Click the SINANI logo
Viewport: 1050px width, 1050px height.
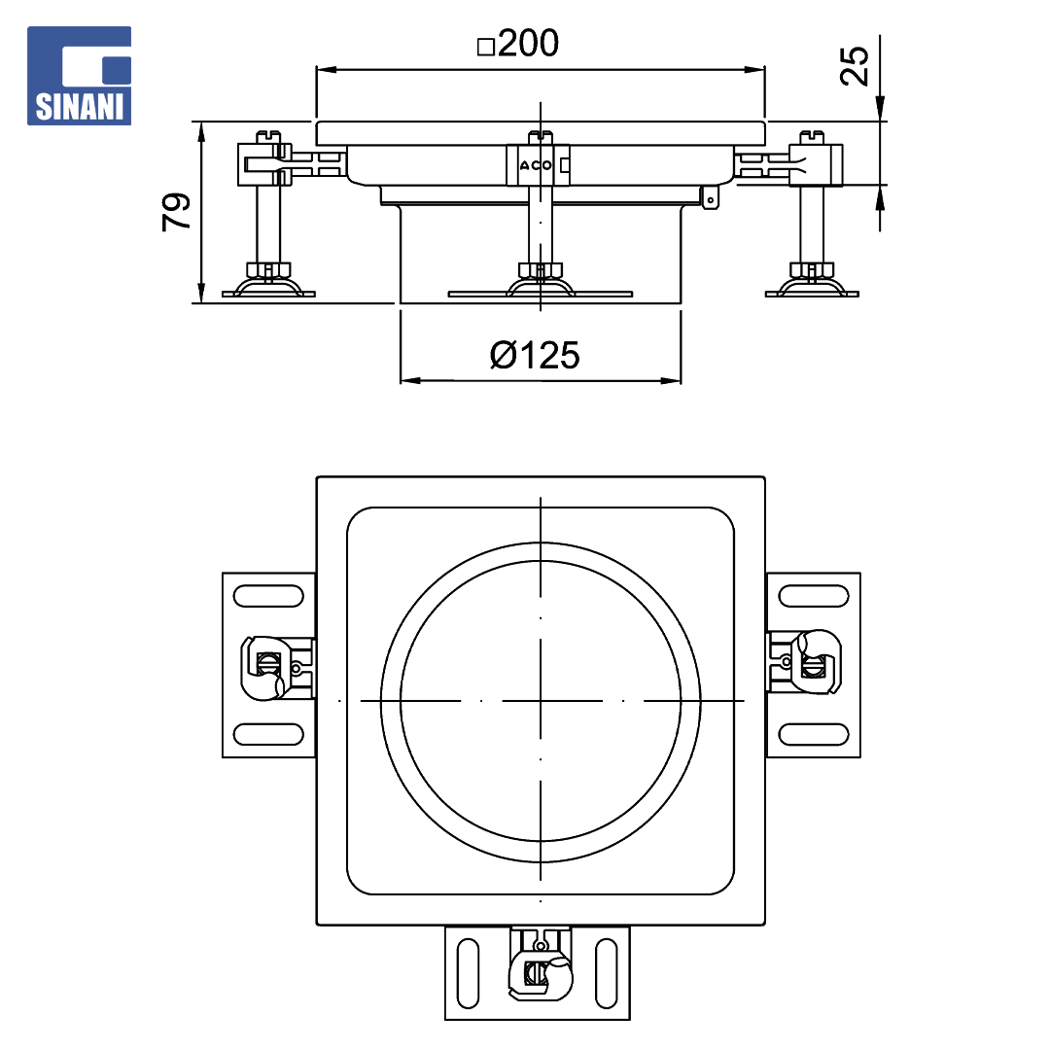click(x=79, y=76)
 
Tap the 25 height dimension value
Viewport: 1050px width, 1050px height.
click(x=854, y=66)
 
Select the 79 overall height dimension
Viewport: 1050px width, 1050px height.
click(x=176, y=212)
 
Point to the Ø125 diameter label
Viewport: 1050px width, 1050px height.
click(x=535, y=355)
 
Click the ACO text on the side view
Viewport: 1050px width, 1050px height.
click(x=536, y=165)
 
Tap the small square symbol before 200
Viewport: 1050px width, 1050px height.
click(x=486, y=47)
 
